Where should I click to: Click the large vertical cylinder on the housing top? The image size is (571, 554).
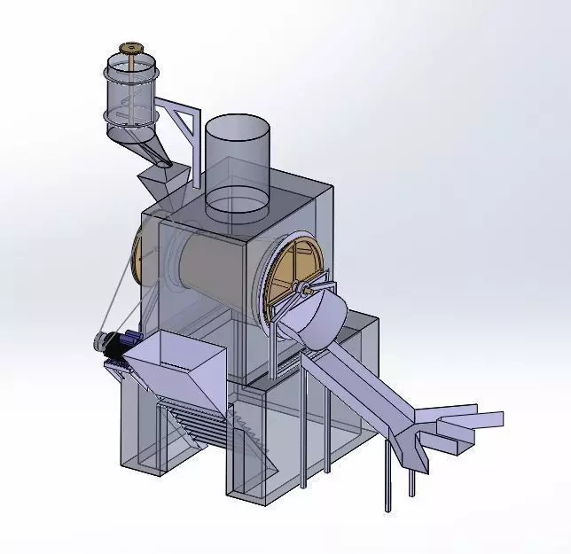coord(236,164)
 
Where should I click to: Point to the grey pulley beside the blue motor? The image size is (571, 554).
coord(100,342)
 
